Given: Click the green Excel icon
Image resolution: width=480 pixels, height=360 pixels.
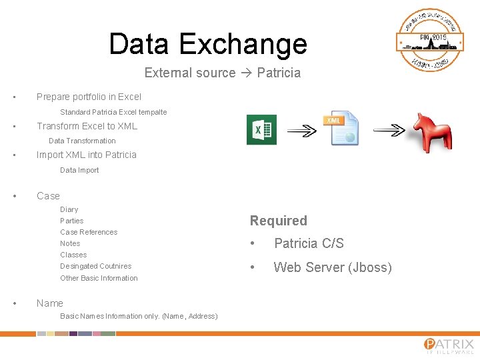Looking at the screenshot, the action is point(261,129).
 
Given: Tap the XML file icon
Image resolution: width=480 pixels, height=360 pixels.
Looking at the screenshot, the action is point(343,128).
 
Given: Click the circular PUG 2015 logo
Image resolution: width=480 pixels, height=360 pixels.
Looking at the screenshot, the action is point(430,40).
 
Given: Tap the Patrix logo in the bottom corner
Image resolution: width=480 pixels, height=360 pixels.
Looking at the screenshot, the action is point(449,345).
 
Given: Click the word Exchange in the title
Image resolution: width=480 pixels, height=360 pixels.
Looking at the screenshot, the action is point(243,44).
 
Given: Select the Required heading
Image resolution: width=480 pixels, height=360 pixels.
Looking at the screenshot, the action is point(279,221).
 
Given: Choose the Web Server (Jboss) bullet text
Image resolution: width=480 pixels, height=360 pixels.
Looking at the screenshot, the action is point(333,267).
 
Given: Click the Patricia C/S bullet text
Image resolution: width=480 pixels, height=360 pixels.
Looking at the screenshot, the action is point(309,243).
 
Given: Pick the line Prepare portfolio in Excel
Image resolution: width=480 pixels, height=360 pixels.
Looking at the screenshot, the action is point(89,97).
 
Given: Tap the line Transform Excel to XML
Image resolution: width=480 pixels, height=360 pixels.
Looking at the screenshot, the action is point(87,126).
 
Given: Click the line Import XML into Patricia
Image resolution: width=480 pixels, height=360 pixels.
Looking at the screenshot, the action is point(86,155).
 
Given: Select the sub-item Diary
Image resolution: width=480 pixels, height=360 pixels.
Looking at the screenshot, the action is point(69,209).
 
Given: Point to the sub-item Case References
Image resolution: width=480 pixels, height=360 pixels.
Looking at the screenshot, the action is point(89,232).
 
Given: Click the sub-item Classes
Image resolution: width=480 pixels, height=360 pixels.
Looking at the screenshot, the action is point(73,255).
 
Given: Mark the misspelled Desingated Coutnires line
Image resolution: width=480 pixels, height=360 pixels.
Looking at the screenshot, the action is point(95,266).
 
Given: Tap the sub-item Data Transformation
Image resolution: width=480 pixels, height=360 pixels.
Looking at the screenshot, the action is point(82,141).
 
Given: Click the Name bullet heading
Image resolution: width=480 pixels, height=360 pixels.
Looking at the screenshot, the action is point(50,303).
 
